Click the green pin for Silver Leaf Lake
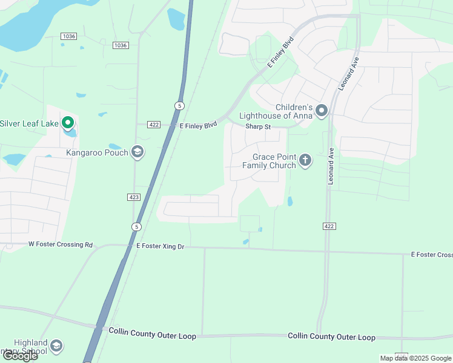click(68, 123)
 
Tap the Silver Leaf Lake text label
click(29, 123)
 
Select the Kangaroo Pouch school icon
click(137, 152)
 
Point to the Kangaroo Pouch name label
click(97, 152)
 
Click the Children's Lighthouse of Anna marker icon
click(322, 111)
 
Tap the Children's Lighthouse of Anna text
click(276, 111)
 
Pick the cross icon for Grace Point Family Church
click(305, 160)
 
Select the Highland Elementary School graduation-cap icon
click(56, 346)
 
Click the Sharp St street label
click(257, 126)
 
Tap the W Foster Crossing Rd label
click(61, 245)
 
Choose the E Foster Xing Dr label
click(160, 246)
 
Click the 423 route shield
click(134, 197)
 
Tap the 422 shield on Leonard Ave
click(328, 226)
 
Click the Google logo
click(19, 356)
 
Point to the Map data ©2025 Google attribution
click(415, 358)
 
